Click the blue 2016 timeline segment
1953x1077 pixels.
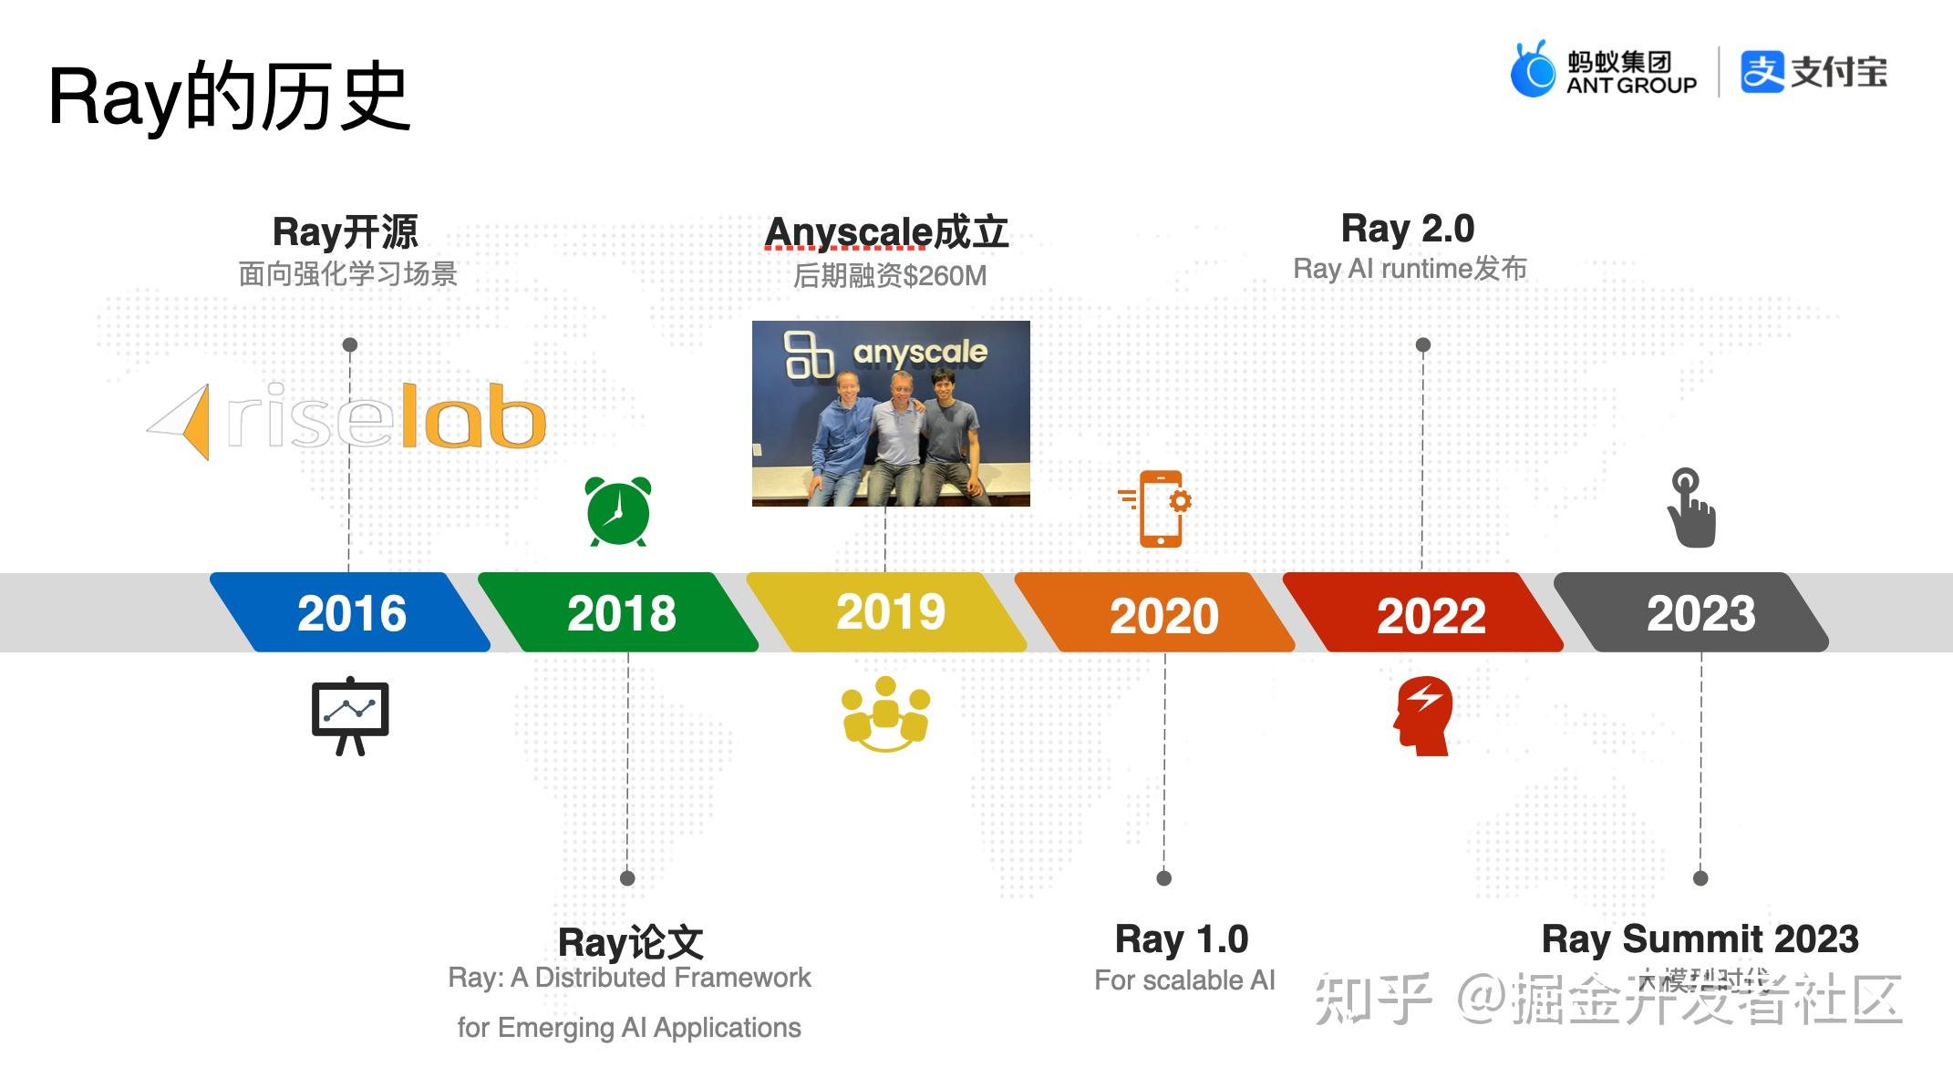(x=351, y=612)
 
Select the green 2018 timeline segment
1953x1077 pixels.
(x=620, y=612)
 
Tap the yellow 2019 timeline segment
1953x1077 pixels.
(x=889, y=612)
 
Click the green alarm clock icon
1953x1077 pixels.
(x=618, y=511)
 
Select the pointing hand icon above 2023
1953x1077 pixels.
(x=1691, y=508)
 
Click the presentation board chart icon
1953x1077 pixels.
(x=350, y=716)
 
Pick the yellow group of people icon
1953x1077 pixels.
(x=885, y=713)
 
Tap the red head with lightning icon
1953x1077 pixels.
(x=1423, y=715)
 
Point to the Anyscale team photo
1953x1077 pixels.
(x=891, y=414)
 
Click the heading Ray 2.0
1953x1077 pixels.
(x=1407, y=229)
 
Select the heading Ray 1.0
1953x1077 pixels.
(x=1182, y=939)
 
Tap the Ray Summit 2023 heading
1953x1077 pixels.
(x=1700, y=939)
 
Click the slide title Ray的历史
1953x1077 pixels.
(x=229, y=97)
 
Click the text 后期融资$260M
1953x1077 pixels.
(x=890, y=275)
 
